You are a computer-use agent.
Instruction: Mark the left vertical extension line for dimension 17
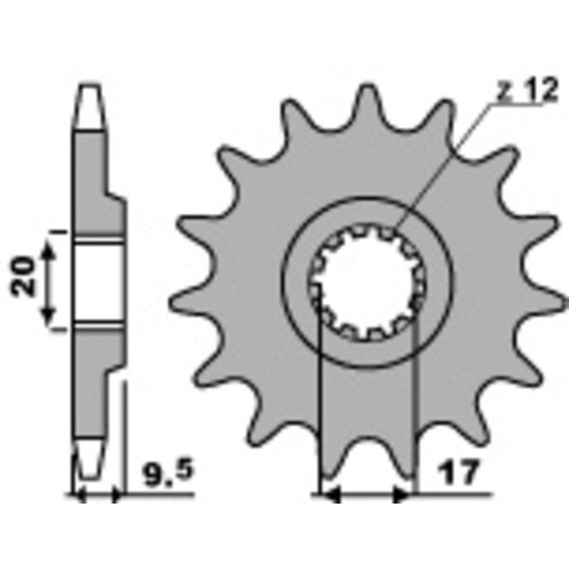point(321,398)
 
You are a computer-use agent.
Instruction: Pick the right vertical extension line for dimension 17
point(414,398)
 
